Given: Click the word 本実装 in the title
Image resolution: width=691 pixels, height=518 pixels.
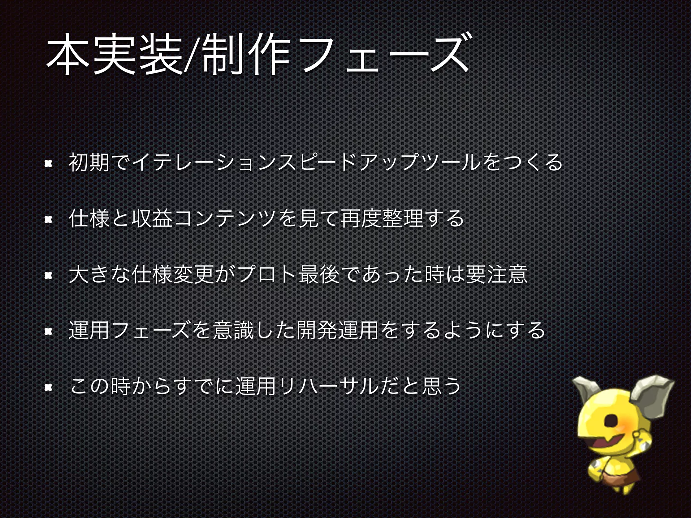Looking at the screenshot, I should coord(115,55).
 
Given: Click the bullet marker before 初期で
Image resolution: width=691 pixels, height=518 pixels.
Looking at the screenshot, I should coord(48,164).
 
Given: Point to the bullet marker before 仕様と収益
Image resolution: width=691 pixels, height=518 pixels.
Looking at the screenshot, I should coord(48,220).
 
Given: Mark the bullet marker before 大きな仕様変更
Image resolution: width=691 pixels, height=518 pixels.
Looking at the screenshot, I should coord(48,276).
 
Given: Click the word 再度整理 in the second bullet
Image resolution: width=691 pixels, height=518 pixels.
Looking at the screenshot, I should coord(381,219).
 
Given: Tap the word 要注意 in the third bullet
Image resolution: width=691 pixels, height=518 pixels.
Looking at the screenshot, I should coord(496,275).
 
